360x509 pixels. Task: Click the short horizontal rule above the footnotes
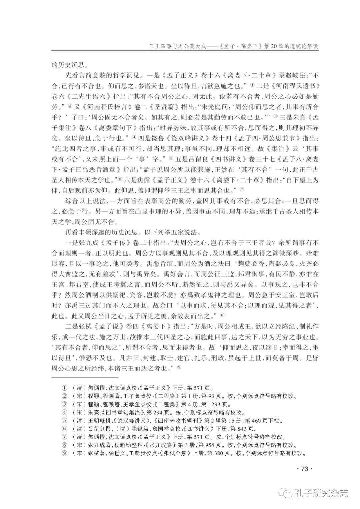pyautogui.click(x=85, y=377)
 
